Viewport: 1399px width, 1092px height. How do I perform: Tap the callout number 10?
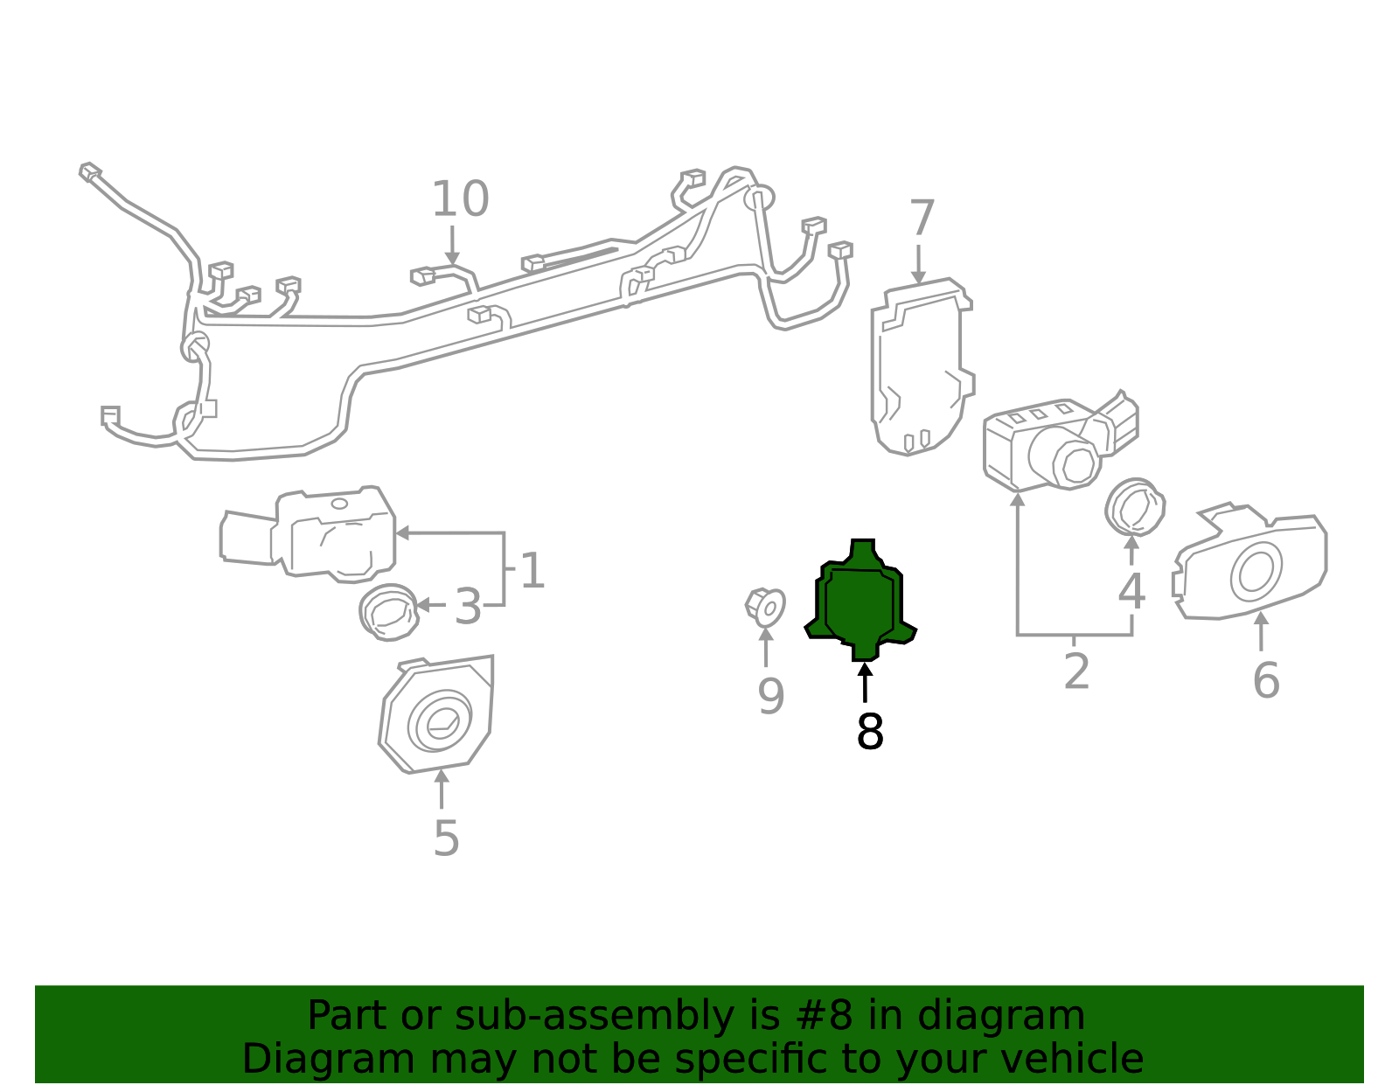(460, 199)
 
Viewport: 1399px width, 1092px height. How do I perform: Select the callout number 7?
(922, 219)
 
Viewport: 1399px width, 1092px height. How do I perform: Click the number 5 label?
(446, 838)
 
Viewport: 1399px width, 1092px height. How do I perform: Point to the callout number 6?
(1266, 680)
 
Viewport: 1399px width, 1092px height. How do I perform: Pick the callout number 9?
(770, 697)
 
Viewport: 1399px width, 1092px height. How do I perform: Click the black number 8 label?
(870, 732)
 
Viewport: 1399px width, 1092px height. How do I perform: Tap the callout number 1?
(532, 571)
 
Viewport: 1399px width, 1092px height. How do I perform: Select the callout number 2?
(1076, 671)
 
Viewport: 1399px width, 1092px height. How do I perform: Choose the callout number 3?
(468, 607)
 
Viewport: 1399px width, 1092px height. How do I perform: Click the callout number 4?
(1131, 592)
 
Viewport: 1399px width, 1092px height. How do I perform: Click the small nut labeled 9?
(765, 606)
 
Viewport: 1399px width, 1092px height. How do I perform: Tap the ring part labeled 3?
(388, 611)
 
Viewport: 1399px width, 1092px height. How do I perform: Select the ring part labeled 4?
(1134, 506)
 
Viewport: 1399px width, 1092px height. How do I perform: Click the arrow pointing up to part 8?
(865, 682)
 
